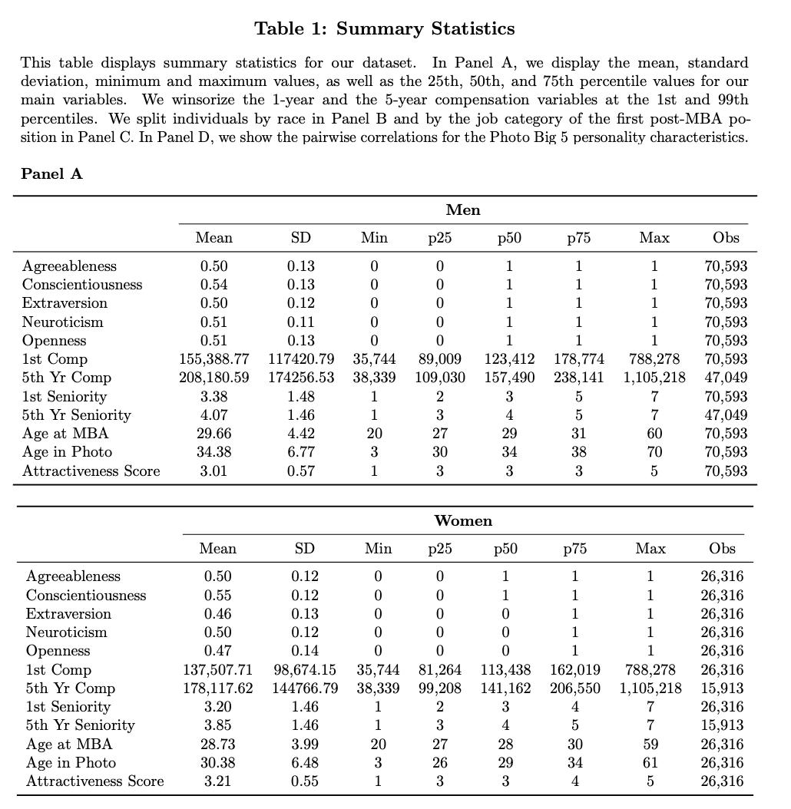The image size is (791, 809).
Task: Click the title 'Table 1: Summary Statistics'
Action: [384, 29]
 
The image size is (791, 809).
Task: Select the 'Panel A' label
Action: [51, 173]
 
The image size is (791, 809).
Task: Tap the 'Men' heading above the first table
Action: [463, 210]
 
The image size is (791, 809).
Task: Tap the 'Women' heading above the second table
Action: [463, 520]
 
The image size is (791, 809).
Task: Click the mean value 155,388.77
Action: [214, 358]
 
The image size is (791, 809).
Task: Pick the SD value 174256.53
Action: [301, 377]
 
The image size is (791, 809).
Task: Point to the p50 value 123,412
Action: [509, 358]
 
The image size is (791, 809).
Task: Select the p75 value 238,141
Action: [579, 377]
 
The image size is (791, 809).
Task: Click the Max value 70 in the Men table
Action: [654, 451]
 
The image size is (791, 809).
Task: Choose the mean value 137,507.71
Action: [217, 669]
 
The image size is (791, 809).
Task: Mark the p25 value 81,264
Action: [440, 669]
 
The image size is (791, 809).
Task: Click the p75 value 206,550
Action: [575, 688]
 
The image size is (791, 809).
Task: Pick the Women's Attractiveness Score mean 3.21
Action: [217, 781]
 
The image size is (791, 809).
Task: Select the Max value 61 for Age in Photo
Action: [650, 762]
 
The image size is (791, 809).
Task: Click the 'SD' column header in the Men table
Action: [301, 238]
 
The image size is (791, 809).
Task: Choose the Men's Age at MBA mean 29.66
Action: [214, 433]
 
